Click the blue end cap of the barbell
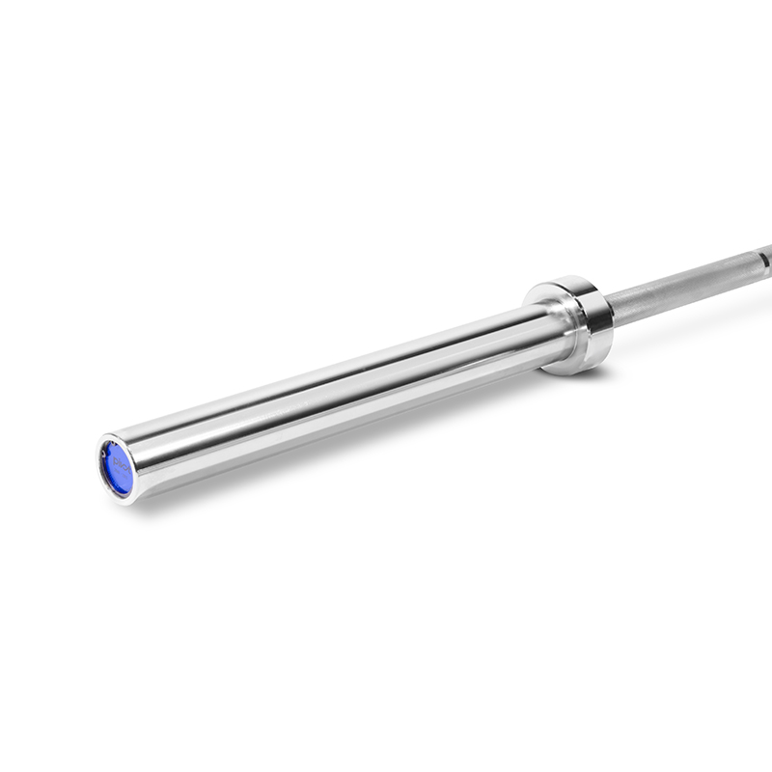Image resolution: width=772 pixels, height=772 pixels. coord(117,470)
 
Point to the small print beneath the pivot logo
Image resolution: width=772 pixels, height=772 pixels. coord(118,479)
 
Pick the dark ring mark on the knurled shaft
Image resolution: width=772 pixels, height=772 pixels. coord(762,259)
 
